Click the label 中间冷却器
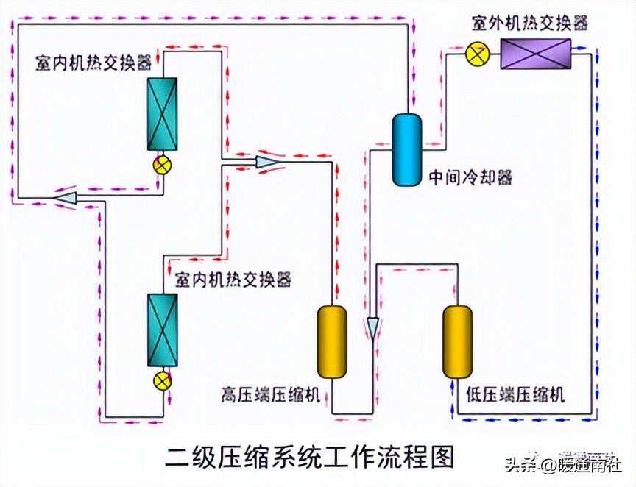(470, 177)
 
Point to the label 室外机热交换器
(530, 24)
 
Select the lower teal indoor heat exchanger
(162, 329)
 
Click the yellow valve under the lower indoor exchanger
(161, 381)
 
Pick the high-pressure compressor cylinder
(331, 342)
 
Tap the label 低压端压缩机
(515, 394)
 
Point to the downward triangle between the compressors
(373, 326)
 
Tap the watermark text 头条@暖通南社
(563, 465)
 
